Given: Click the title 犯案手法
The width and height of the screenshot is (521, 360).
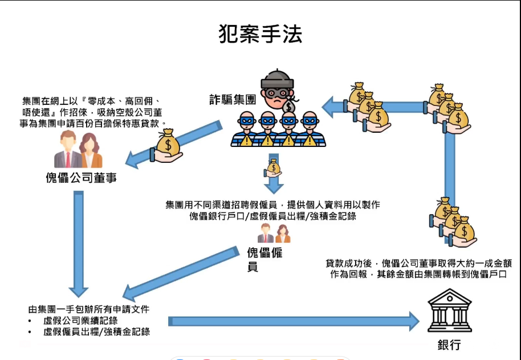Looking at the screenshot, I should point(260,34).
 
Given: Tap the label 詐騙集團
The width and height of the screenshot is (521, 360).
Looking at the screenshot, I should point(232,100).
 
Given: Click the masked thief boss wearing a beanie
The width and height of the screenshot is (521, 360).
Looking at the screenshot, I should point(278,90).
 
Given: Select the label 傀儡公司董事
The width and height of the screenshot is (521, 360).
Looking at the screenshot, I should point(82,177).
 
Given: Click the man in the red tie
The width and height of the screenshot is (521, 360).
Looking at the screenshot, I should point(67,150).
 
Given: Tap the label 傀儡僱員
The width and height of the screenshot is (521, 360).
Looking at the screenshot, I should point(264,259).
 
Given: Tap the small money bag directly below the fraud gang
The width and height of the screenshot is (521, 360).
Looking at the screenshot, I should point(274,167).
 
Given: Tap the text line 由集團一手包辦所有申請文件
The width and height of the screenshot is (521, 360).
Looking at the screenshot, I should point(88,309).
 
